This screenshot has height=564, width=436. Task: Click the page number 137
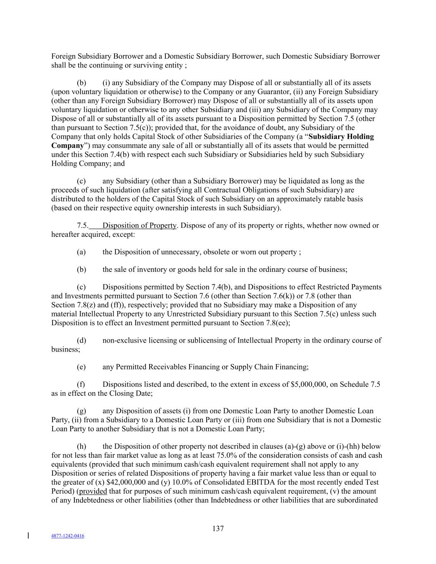click(218, 528)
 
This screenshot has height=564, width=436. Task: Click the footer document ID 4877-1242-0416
click(68, 536)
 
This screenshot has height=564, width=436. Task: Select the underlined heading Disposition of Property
click(139, 226)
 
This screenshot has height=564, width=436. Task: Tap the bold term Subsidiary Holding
click(341, 137)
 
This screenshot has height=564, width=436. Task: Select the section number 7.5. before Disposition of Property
click(83, 226)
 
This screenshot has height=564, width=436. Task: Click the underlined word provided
click(93, 491)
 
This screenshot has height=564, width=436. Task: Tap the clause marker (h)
click(81, 447)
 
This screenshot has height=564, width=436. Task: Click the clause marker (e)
click(81, 367)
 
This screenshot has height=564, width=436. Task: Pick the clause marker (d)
click(81, 340)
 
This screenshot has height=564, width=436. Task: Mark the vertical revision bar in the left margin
click(28, 536)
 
